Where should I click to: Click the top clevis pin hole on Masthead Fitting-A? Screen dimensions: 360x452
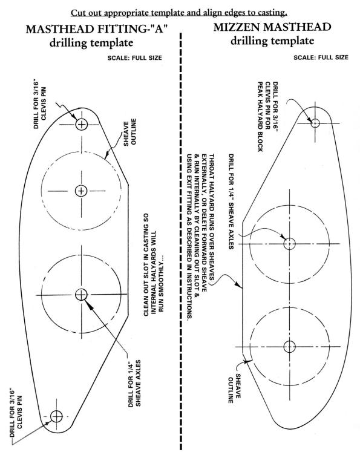coord(81,125)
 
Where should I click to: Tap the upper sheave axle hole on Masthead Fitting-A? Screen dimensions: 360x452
coord(81,191)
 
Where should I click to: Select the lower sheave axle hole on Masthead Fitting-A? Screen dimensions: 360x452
coord(81,294)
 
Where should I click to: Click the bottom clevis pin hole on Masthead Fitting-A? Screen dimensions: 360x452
coord(56,416)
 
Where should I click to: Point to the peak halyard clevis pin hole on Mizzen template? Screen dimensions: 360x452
coord(315,123)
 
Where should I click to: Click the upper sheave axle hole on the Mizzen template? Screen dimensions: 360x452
coord(289,244)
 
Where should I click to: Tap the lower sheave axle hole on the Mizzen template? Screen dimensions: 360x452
coord(289,347)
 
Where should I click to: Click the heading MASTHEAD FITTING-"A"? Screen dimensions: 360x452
coord(97,30)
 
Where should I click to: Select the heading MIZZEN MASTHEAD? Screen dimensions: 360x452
coord(272,27)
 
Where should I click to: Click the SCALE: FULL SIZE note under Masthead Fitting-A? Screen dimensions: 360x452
coord(134,57)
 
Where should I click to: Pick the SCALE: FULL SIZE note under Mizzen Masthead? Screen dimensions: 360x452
coord(321,57)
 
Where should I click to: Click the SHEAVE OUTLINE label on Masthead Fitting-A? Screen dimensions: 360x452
coord(130,132)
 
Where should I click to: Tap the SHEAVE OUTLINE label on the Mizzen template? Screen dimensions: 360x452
coord(234,388)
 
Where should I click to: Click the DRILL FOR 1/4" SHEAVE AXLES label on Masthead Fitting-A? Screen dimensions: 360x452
coord(134,383)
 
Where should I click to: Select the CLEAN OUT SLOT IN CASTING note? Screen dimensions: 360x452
coord(153,264)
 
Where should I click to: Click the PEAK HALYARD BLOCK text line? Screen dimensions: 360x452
coord(260,116)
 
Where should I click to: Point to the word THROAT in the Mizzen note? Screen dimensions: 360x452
coord(212,165)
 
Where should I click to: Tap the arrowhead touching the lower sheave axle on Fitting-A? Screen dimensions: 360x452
coord(89,304)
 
